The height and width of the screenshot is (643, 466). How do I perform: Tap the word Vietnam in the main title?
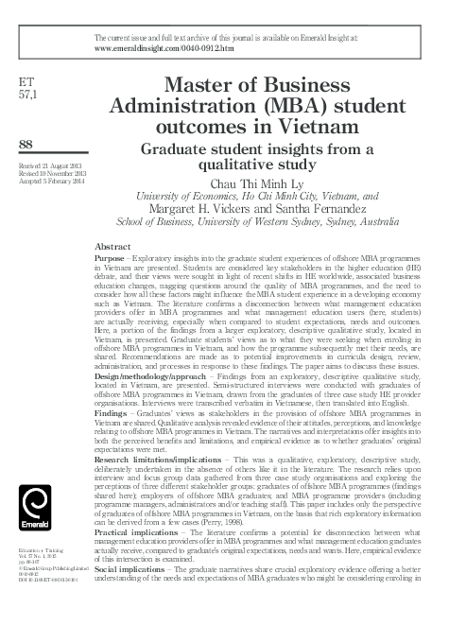[x=338, y=127]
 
